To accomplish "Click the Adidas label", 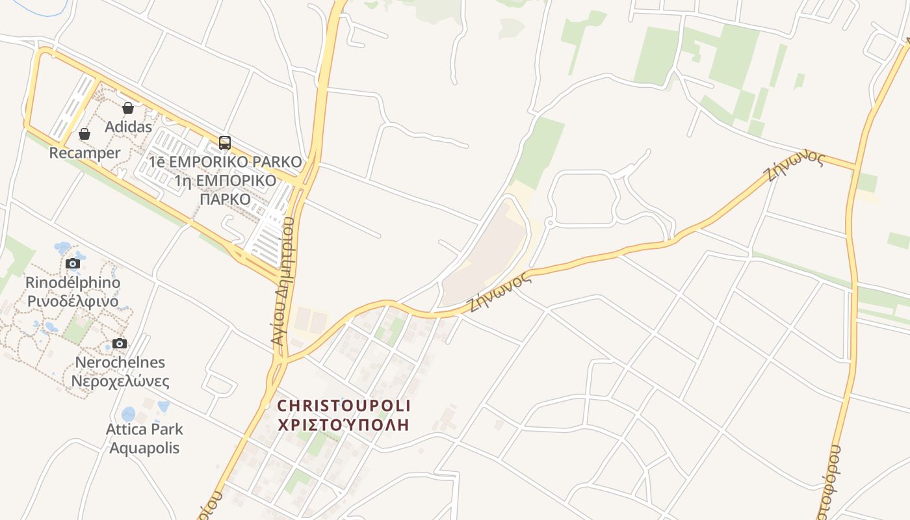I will click(x=128, y=127).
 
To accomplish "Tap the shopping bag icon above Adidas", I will click(x=128, y=108).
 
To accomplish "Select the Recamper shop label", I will click(x=84, y=153).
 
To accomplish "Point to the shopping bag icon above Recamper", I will click(x=84, y=134).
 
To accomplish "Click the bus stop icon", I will click(x=224, y=143).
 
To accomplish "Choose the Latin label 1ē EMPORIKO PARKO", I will click(x=226, y=162).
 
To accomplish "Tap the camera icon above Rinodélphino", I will click(x=72, y=263).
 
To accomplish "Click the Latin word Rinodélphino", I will click(x=72, y=283).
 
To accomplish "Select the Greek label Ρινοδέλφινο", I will click(x=72, y=301).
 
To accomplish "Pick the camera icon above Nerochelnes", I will click(x=120, y=343).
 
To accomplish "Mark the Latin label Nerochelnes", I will click(x=120, y=362).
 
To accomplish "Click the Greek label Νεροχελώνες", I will click(x=120, y=381).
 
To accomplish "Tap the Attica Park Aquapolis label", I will click(x=144, y=438).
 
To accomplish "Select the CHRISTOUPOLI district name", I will click(x=344, y=406).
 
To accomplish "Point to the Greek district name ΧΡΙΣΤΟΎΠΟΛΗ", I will click(x=344, y=425).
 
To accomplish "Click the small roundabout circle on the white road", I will click(x=549, y=224).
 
